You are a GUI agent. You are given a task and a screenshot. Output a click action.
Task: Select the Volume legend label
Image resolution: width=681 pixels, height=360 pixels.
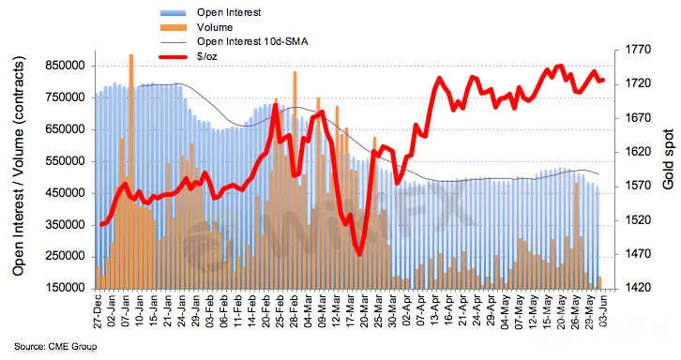[x=215, y=27]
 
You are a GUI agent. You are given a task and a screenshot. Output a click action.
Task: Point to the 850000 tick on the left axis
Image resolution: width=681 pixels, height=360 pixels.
[x=65, y=66]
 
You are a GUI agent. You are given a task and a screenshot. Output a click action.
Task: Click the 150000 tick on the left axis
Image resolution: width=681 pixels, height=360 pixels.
[x=65, y=288]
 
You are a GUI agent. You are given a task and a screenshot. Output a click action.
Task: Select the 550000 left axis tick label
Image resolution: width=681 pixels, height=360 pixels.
[x=65, y=161]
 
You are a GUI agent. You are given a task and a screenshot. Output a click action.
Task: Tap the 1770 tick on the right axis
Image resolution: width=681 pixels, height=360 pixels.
[x=638, y=50]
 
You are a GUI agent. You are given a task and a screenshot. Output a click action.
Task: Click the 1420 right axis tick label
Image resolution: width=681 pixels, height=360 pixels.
[x=638, y=288]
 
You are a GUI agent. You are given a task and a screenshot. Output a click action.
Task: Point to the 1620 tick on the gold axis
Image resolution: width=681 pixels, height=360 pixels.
[x=638, y=152]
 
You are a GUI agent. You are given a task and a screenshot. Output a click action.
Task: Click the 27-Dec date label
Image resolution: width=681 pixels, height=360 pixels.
[x=98, y=311]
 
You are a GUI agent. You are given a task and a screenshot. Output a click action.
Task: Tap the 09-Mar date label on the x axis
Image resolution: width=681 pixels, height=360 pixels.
[x=322, y=311]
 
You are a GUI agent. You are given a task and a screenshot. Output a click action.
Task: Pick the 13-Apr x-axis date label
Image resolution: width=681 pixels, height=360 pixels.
[x=434, y=311]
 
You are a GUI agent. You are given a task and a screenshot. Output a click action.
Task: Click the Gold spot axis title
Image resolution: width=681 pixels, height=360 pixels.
[x=669, y=159]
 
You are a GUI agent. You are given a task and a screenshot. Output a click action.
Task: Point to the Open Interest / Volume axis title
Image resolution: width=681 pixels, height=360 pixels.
[x=18, y=166]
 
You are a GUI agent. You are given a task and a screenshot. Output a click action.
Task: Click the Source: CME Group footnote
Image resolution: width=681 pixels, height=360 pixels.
[x=55, y=347]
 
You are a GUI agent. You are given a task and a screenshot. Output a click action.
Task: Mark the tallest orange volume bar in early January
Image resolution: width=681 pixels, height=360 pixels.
[x=131, y=172]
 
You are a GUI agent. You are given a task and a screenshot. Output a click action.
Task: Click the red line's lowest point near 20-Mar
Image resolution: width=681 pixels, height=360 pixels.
[x=359, y=254]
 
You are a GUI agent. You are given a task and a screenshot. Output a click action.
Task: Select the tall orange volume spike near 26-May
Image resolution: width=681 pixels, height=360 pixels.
[x=576, y=236]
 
